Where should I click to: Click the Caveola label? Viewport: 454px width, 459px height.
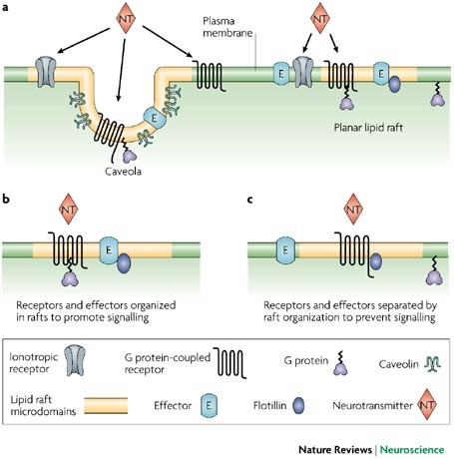pyautogui.click(x=123, y=172)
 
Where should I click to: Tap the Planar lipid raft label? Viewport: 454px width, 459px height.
pyautogui.click(x=368, y=128)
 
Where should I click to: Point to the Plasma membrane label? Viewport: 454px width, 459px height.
pyautogui.click(x=227, y=27)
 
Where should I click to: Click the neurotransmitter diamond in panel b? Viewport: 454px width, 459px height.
pyautogui.click(x=68, y=209)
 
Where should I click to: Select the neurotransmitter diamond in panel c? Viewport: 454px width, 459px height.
pyautogui.click(x=353, y=209)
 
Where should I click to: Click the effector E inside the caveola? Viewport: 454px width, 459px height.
pyautogui.click(x=155, y=118)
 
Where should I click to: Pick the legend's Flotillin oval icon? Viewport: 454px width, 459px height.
pyautogui.click(x=298, y=405)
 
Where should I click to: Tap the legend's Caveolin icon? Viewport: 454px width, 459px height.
pyautogui.click(x=432, y=364)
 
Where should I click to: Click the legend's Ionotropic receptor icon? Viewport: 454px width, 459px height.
pyautogui.click(x=75, y=360)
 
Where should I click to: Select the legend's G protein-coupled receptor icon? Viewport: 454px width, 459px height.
pyautogui.click(x=229, y=363)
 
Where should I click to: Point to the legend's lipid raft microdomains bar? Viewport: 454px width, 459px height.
pyautogui.click(x=106, y=405)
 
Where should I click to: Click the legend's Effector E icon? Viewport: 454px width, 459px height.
pyautogui.click(x=209, y=405)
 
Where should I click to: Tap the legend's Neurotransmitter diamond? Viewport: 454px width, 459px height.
pyautogui.click(x=427, y=404)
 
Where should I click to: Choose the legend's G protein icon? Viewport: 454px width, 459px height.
pyautogui.click(x=340, y=363)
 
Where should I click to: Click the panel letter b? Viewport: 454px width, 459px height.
pyautogui.click(x=6, y=199)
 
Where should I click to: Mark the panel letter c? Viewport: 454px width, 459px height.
pyautogui.click(x=250, y=200)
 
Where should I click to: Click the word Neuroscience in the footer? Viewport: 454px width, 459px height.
pyautogui.click(x=412, y=450)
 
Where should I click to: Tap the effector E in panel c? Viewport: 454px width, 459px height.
pyautogui.click(x=285, y=250)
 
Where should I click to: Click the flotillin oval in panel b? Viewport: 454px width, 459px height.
pyautogui.click(x=124, y=263)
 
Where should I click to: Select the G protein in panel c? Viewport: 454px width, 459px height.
pyautogui.click(x=434, y=271)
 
